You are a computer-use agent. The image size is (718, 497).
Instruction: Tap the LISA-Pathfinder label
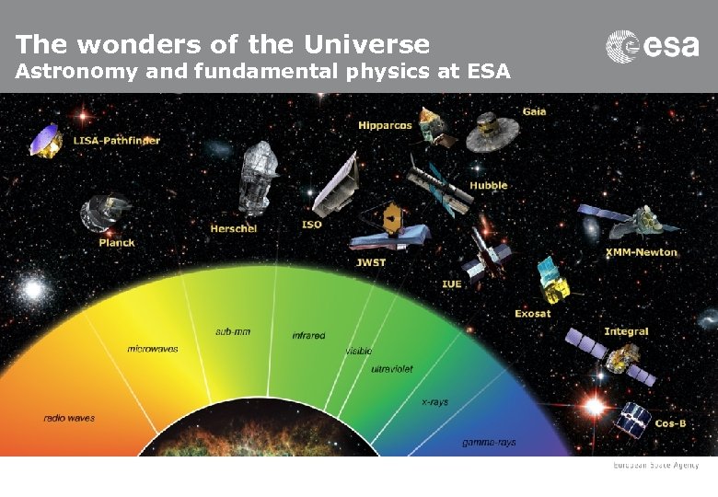pyautogui.click(x=117, y=141)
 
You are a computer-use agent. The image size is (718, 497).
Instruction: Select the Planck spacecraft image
pyautogui.click(x=100, y=212)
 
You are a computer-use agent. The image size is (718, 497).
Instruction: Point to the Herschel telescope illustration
pyautogui.click(x=258, y=179)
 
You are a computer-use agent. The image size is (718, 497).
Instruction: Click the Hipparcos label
pyautogui.click(x=385, y=125)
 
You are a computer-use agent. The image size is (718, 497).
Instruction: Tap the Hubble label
pyautogui.click(x=489, y=186)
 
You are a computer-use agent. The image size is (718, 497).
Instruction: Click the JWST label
pyautogui.click(x=371, y=262)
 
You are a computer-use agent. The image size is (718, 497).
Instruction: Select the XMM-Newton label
pyautogui.click(x=642, y=252)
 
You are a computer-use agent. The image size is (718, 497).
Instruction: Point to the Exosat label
pyautogui.click(x=533, y=314)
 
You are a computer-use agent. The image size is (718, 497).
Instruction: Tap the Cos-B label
pyautogui.click(x=670, y=423)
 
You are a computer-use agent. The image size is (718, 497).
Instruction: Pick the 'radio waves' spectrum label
pyautogui.click(x=69, y=418)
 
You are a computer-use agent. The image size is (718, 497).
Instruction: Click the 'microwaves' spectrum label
pyautogui.click(x=153, y=349)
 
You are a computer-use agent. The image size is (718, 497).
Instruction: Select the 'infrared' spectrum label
pyautogui.click(x=308, y=336)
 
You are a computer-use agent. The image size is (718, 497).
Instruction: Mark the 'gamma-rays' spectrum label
pyautogui.click(x=489, y=443)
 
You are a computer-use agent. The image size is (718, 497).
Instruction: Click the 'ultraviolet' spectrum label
pyautogui.click(x=392, y=369)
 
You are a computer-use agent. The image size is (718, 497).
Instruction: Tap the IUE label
pyautogui.click(x=451, y=283)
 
